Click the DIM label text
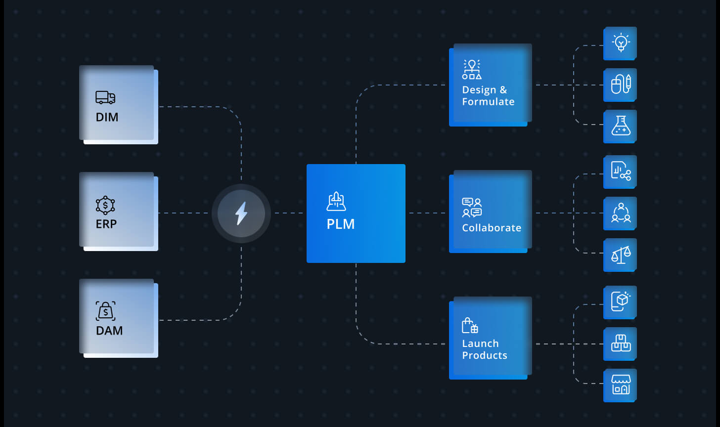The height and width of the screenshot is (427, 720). pos(107,117)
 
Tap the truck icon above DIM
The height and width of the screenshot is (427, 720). pos(105,98)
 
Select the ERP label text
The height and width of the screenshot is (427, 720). pos(106,223)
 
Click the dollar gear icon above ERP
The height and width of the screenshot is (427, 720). pos(105,205)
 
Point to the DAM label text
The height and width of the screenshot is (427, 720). pos(109,330)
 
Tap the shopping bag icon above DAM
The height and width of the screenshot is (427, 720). pos(105,311)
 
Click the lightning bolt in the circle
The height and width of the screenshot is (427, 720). pos(241,213)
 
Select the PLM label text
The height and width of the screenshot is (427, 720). pos(341,224)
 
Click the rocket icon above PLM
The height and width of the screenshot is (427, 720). pos(336,201)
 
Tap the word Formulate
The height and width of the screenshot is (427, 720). pos(488,101)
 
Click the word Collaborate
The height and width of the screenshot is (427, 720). pos(492,227)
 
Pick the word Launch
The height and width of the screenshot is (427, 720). pos(480,343)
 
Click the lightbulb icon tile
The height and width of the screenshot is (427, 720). pos(620,43)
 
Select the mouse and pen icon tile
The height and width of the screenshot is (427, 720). pos(620,85)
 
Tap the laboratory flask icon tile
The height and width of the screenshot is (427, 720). pos(620,126)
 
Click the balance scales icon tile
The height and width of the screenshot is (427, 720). pos(620,255)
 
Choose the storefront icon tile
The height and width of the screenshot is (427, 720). pos(620,385)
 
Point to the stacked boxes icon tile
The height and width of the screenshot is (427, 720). pos(620,344)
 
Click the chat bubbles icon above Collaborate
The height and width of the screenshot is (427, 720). pos(472,208)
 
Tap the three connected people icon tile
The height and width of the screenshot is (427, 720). pos(620,213)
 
